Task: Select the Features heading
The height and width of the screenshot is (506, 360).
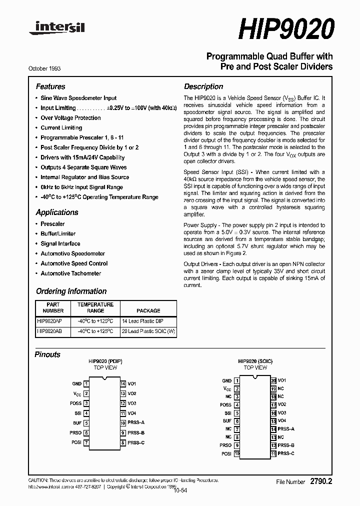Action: pos(50,86)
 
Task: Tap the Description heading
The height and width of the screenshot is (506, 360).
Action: pos(203,86)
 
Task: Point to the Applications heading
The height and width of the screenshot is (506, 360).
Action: pos(57,212)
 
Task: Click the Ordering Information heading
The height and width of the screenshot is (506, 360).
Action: pos(71,291)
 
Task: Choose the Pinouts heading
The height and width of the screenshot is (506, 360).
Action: pos(47,354)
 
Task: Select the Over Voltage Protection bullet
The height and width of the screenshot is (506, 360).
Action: pos(70,118)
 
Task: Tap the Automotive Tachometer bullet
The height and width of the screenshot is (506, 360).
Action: pos(70,273)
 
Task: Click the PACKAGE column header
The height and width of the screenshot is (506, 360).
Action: pos(148,310)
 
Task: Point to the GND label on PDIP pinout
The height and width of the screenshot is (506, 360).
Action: pos(76,384)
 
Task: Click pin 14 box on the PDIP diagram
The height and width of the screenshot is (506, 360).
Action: pos(122,384)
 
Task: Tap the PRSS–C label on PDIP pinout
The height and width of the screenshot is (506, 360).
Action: pos(136,442)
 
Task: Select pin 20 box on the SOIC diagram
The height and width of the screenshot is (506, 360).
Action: pos(273,380)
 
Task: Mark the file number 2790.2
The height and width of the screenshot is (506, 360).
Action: pos(321,481)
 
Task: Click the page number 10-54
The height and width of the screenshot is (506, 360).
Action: pos(180,490)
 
